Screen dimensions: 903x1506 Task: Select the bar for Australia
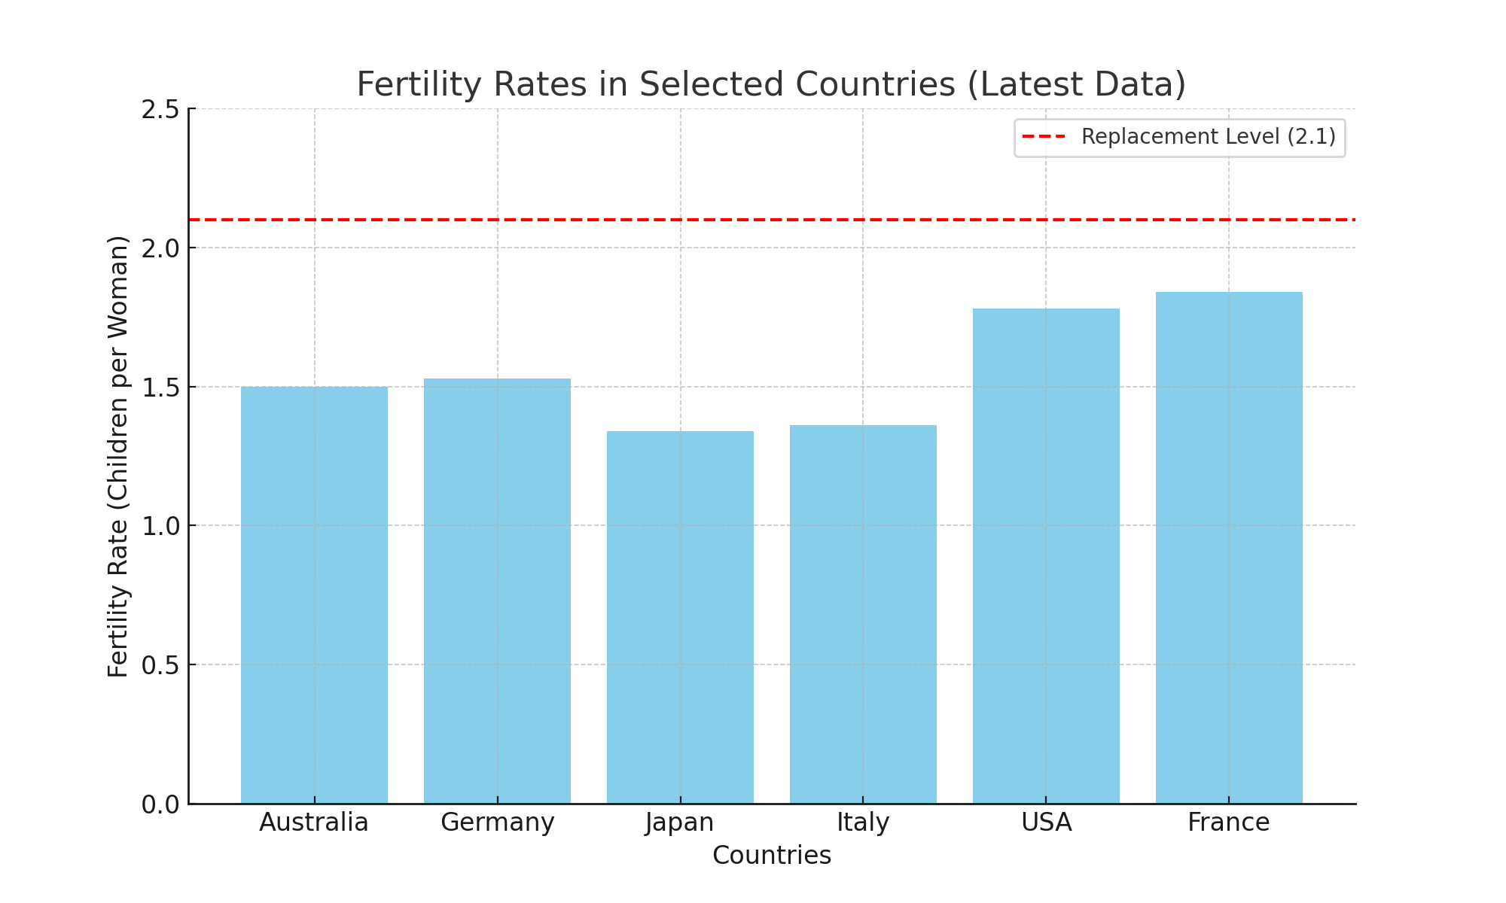click(x=314, y=594)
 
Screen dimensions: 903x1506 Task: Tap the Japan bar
click(x=680, y=617)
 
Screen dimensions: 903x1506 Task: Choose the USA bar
click(x=1046, y=556)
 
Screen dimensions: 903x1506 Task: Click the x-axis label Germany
click(x=497, y=822)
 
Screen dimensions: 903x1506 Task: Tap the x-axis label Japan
click(x=680, y=822)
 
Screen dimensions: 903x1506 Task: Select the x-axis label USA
click(x=1046, y=822)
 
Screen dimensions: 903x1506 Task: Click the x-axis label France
click(x=1229, y=822)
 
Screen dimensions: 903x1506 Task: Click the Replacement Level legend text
click(x=1209, y=137)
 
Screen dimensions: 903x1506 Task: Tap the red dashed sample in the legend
click(x=1044, y=137)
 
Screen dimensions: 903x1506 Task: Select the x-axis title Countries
click(x=772, y=856)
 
